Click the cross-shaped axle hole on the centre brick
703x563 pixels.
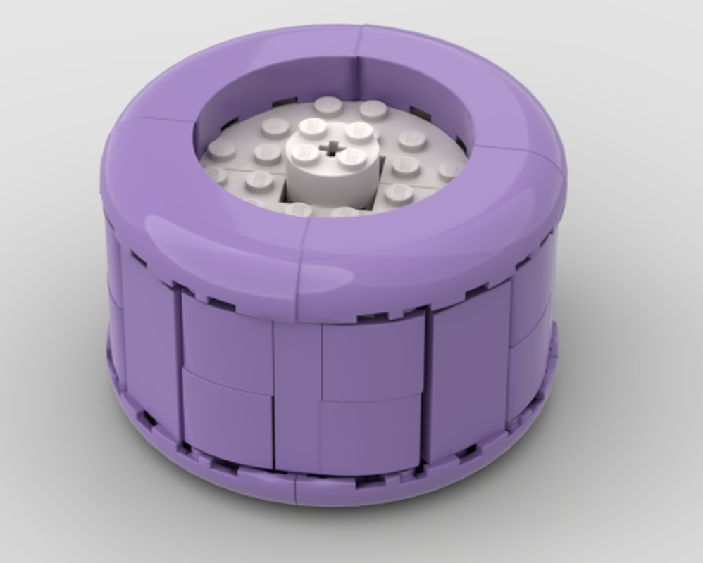[329, 148]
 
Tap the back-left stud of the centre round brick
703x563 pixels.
[312, 129]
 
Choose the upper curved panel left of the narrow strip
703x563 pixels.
[227, 339]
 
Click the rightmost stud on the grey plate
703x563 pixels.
[451, 170]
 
